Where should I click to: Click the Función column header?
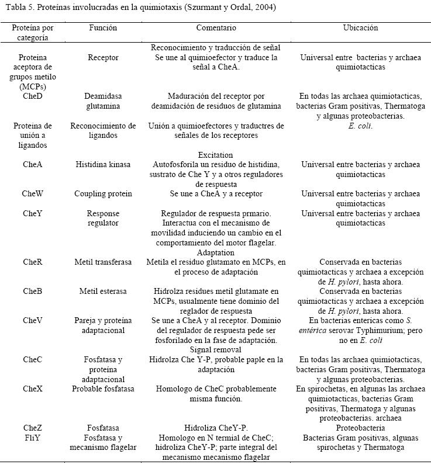(103, 28)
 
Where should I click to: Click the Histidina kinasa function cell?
(103, 165)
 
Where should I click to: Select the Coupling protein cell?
(103, 193)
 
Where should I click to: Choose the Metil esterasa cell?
(103, 291)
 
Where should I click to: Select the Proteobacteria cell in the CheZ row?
(360, 428)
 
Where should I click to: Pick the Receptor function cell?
(103, 58)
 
